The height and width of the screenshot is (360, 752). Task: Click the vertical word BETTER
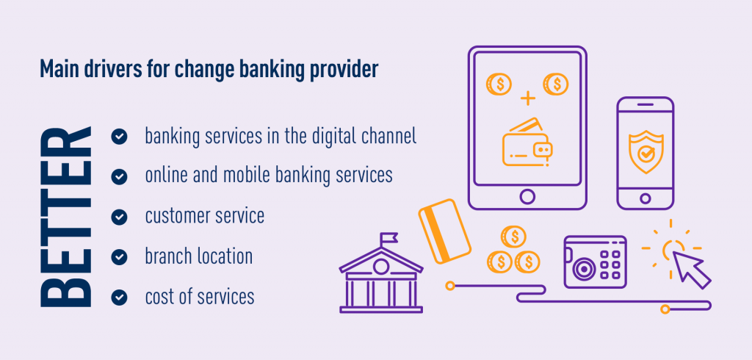pos(65,217)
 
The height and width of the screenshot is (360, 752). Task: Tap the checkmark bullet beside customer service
pos(119,217)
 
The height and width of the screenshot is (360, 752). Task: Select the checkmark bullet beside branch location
pos(119,257)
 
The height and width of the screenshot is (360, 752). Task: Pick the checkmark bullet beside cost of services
pos(119,297)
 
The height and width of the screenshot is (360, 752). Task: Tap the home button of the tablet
pos(527,196)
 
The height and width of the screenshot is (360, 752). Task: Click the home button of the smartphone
pos(645,198)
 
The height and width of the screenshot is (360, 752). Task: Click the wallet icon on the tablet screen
pos(527,143)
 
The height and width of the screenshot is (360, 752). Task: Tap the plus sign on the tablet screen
pos(527,99)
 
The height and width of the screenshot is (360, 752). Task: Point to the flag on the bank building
pos(388,237)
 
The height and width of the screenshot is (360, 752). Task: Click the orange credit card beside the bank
pos(444,231)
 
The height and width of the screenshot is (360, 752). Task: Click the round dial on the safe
pos(583,268)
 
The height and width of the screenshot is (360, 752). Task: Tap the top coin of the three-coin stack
pos(513,236)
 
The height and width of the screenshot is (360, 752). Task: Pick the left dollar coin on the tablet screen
pos(499,84)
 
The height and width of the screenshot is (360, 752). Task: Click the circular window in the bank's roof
pos(380,267)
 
